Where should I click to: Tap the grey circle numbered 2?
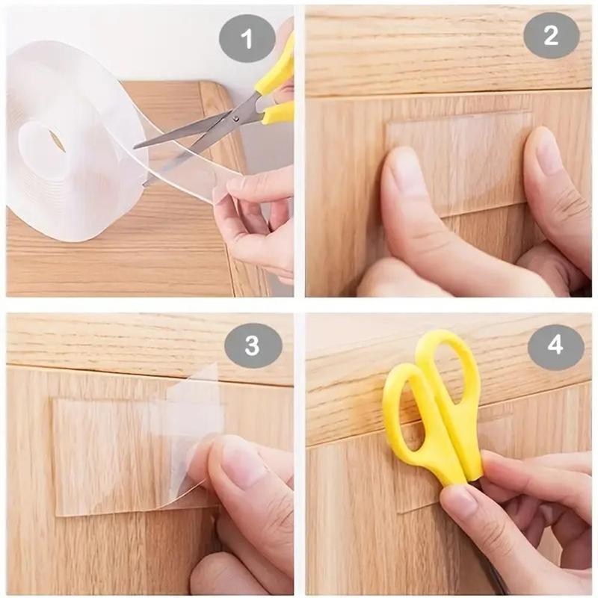point(551,35)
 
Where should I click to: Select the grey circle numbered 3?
point(253,345)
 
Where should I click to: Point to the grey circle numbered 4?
point(555,345)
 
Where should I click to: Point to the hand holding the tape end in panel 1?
point(254,224)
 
